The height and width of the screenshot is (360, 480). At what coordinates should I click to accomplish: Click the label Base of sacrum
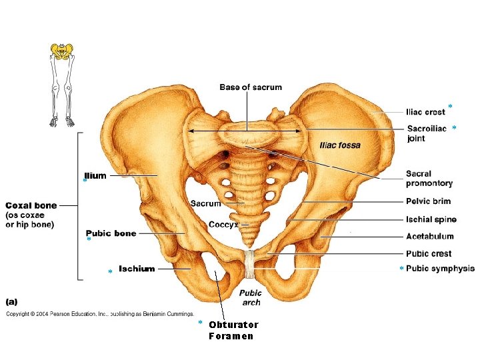point(251,87)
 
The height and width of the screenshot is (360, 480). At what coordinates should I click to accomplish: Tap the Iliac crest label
point(426,112)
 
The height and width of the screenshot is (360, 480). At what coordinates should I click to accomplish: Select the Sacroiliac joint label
point(427,133)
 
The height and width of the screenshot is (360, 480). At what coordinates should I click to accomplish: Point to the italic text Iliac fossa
point(341,145)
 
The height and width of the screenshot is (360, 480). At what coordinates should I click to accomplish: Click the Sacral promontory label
point(429,179)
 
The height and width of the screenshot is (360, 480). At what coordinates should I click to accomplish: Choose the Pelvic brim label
point(428,201)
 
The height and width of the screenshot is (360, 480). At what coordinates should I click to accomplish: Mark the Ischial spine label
point(431,219)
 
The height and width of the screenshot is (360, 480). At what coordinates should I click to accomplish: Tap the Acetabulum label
point(430,236)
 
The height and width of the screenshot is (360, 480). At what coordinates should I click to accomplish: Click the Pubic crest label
point(429,253)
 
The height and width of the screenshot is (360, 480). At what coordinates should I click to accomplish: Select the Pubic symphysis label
point(440,269)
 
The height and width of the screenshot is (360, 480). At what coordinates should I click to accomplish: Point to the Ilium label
point(96,176)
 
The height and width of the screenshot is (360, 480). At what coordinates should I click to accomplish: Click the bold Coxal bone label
point(31,205)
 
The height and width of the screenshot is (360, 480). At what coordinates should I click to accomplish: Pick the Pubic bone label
point(111,233)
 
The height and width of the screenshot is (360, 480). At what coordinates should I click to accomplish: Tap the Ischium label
point(137,269)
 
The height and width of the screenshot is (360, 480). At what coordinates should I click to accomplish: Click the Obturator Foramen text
point(233,331)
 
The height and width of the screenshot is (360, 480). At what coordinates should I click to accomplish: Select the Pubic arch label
point(251,297)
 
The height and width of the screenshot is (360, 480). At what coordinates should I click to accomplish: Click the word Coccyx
point(223,225)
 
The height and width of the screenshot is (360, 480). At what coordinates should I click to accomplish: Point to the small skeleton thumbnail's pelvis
point(62,51)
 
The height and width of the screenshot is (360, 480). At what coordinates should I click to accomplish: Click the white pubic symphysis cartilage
point(250,263)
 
